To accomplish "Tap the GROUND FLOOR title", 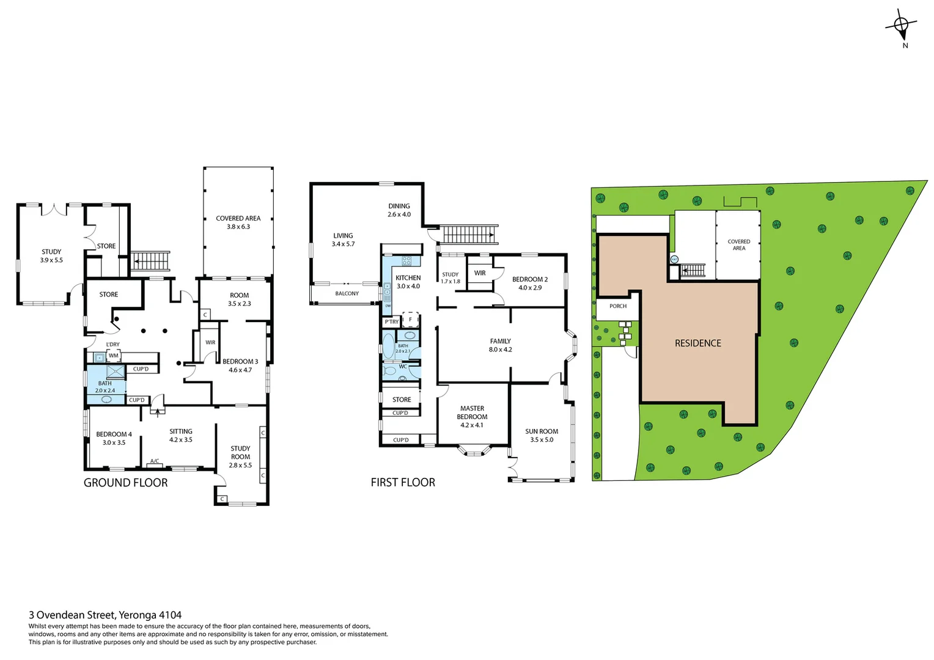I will (125, 483).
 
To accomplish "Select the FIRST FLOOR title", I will (403, 483).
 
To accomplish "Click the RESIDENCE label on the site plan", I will (697, 343).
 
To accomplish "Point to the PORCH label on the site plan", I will (617, 306).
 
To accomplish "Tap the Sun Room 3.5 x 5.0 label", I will (542, 435).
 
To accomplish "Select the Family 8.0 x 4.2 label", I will (500, 345).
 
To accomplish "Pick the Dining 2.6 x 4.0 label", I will (399, 210).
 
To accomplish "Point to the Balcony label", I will (347, 294).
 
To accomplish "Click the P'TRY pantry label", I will (391, 321).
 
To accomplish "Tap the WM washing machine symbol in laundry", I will (114, 356).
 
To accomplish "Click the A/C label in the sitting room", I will (155, 461).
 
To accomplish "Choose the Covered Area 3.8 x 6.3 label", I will (238, 222).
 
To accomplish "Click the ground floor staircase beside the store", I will (150, 261).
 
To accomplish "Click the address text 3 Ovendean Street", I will (105, 615).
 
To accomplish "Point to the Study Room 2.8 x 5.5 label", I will (240, 457).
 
